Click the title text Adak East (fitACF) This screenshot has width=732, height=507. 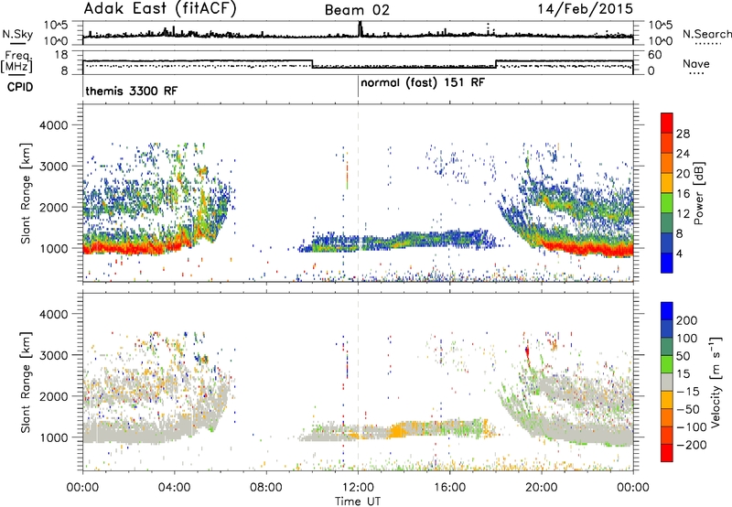click(160, 9)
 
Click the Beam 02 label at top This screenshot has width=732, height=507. click(357, 10)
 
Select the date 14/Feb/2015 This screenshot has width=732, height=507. click(586, 9)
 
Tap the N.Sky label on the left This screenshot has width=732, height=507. click(17, 34)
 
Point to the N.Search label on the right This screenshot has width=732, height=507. click(707, 34)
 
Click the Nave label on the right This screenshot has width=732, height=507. click(696, 63)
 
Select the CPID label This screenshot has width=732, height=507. click(20, 87)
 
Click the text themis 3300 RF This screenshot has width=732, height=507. click(132, 91)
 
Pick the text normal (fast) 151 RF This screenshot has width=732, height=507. click(423, 83)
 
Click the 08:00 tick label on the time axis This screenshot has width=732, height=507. click(266, 488)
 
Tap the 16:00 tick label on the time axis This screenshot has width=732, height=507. click(449, 488)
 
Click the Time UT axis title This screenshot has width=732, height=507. click(358, 502)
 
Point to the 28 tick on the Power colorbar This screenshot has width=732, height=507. click(683, 134)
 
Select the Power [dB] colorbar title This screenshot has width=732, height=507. click(698, 193)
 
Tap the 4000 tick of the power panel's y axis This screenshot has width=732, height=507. click(54, 125)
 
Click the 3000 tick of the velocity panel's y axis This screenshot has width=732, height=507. click(54, 355)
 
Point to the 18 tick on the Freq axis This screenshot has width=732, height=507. click(61, 55)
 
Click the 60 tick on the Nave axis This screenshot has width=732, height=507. click(655, 55)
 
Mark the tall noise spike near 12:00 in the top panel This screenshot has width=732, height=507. click(360, 29)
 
